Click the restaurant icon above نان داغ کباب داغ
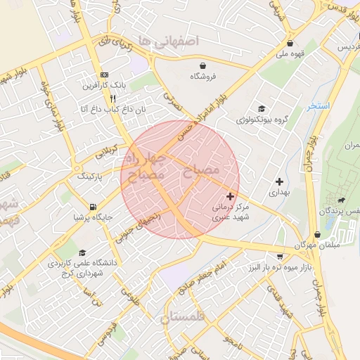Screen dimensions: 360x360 112,99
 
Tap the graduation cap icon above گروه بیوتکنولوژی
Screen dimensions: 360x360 262,109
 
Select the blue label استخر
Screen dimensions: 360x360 318,106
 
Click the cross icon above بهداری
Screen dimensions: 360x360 279,181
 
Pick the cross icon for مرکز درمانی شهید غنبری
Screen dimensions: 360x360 230,196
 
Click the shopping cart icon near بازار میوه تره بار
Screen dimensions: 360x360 281,256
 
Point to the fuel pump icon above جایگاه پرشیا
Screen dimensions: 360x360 93,207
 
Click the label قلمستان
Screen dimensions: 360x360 185,319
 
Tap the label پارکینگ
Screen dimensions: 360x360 89,175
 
